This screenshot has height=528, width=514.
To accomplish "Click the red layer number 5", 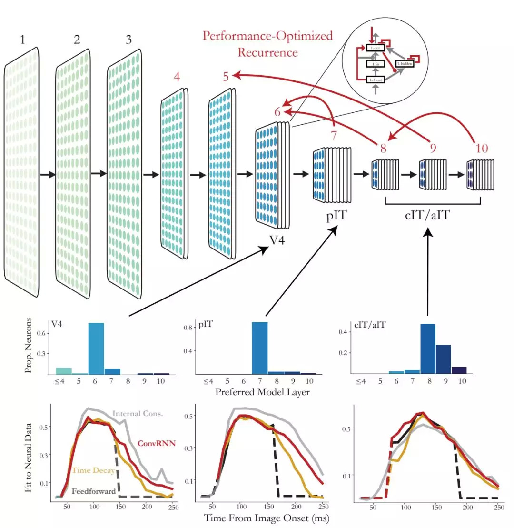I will (227, 76).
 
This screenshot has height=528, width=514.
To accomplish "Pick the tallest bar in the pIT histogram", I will (259, 348).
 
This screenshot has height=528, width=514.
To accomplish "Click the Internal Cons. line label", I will (138, 413).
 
